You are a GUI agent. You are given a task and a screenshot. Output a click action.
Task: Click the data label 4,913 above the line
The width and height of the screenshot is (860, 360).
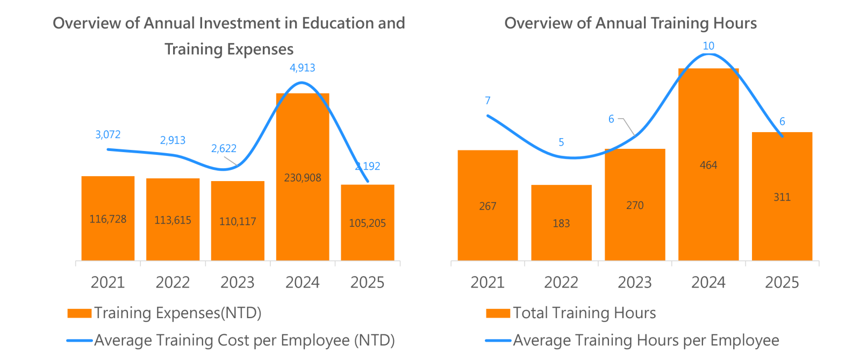(302, 68)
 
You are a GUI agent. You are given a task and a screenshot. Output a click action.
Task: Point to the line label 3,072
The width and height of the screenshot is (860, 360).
(108, 134)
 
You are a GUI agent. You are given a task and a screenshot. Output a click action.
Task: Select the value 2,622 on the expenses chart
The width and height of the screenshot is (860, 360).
(224, 148)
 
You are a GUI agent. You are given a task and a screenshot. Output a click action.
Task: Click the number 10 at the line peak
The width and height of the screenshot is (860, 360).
(708, 46)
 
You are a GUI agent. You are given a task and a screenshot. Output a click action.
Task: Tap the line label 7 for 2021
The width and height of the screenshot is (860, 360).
(488, 100)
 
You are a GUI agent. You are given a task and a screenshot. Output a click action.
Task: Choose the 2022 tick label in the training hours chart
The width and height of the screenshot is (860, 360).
(561, 282)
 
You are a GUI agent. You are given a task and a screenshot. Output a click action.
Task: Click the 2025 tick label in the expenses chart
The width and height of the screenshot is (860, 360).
(367, 282)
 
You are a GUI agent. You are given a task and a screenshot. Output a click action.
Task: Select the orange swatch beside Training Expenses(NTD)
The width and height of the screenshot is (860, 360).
(79, 313)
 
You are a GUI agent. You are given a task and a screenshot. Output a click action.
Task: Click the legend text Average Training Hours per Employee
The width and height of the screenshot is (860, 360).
(646, 340)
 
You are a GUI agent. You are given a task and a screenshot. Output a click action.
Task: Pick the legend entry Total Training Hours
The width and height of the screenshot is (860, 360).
(584, 313)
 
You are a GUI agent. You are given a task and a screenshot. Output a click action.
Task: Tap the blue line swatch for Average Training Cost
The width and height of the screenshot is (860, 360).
(79, 341)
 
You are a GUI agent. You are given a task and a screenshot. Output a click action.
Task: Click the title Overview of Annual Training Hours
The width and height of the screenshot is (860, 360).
(630, 23)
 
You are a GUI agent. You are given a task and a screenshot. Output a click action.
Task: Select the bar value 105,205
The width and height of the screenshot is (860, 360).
(367, 223)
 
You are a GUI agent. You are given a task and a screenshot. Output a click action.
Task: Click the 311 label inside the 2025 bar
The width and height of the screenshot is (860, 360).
(782, 197)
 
